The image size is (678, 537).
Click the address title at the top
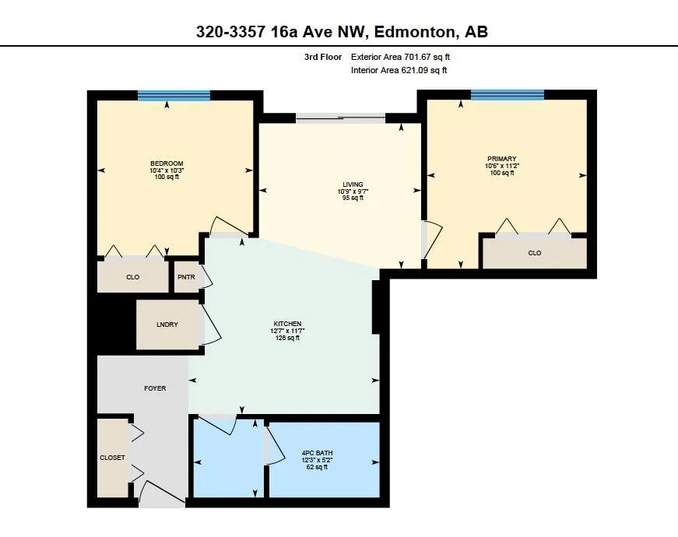coord(342,32)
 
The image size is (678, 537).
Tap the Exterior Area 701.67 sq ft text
coord(400,57)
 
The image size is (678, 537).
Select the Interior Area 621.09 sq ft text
coord(399,70)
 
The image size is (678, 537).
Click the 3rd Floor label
coord(323,57)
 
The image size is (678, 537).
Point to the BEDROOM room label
coord(167,163)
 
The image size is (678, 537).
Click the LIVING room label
coord(353,184)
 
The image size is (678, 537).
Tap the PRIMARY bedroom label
coord(502,159)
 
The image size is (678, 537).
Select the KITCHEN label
coord(287,324)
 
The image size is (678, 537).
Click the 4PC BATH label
coord(318,453)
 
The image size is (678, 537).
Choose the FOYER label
coord(155,388)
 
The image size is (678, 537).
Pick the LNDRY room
coord(167,325)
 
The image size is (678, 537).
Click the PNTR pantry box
coord(186,277)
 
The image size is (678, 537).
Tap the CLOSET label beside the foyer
coord(112,458)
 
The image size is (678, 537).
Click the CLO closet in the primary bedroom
coord(535,253)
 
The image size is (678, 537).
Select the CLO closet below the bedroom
coord(133,277)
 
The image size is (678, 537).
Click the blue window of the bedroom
coord(174,96)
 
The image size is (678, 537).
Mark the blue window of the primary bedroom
coord(508,95)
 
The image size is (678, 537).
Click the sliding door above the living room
coord(341,118)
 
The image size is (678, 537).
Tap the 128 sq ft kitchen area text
coord(287,338)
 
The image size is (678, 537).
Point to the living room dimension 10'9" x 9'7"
coord(353,191)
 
